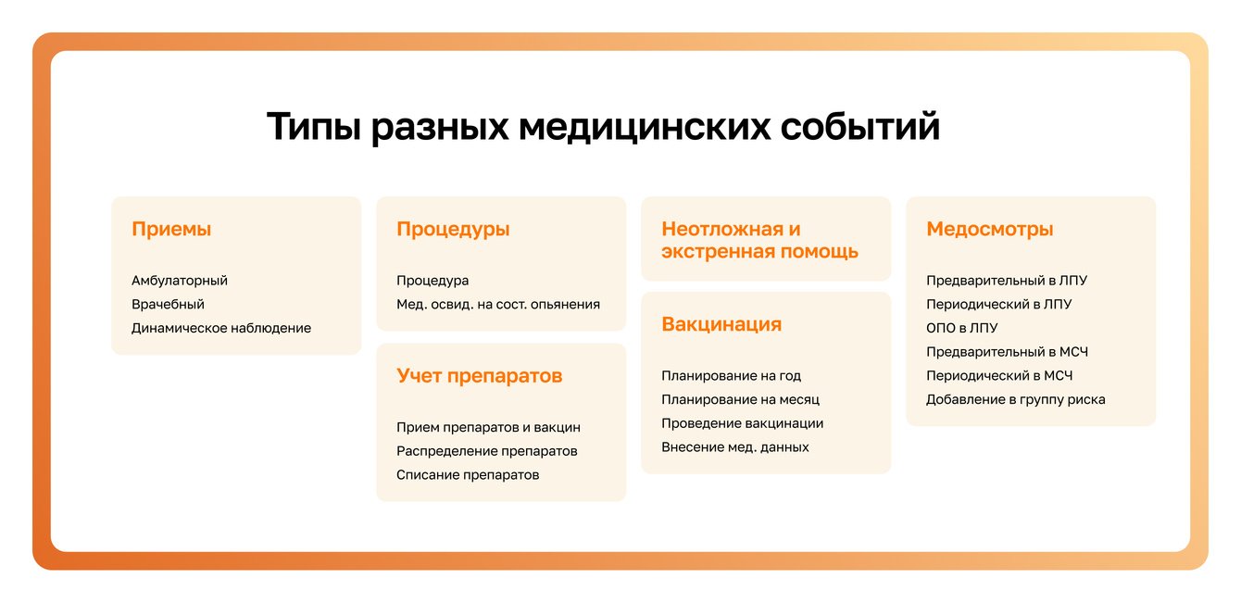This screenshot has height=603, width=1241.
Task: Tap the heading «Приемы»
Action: (x=171, y=230)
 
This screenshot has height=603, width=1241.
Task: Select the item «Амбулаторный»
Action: (x=180, y=281)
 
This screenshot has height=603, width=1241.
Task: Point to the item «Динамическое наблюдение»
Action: (x=221, y=328)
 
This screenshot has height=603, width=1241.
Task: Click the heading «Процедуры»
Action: (x=453, y=230)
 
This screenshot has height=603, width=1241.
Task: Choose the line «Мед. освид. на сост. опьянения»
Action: (x=498, y=304)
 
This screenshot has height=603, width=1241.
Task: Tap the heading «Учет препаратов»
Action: (x=479, y=376)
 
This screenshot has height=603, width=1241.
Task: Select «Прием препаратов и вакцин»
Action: (x=488, y=427)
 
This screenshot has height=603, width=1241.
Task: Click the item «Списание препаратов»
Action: (x=468, y=475)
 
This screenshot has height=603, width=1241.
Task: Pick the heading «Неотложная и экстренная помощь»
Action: (x=759, y=241)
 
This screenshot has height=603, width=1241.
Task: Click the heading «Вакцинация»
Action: (x=721, y=324)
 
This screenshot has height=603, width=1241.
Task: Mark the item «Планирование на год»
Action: (x=731, y=376)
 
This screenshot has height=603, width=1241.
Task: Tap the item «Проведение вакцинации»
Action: (x=743, y=423)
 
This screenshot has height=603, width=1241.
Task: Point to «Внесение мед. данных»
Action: (x=734, y=447)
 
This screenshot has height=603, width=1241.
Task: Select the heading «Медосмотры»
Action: (x=989, y=230)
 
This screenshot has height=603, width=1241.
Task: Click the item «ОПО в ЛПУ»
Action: (x=961, y=328)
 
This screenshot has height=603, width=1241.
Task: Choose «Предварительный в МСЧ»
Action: (x=1007, y=352)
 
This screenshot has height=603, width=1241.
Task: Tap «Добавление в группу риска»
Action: (x=1016, y=399)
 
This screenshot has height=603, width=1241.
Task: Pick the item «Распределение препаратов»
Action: (x=486, y=451)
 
